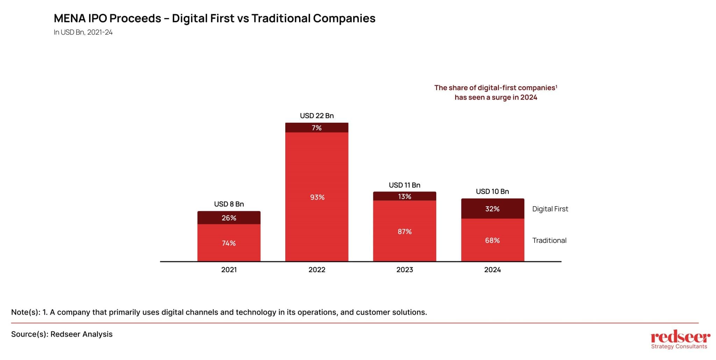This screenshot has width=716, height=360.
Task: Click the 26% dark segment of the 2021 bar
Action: point(229,218)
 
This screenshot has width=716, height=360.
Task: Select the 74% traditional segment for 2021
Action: point(229,243)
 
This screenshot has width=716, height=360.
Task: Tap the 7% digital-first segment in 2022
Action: point(316,128)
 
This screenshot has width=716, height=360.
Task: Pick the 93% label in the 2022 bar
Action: point(317,197)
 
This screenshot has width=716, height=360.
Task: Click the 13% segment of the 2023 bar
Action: point(404,196)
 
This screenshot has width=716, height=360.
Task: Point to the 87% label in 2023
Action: point(404,231)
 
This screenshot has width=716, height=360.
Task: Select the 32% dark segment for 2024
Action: point(492,209)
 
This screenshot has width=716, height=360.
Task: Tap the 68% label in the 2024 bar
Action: point(492,240)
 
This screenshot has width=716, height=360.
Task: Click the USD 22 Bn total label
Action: point(317,116)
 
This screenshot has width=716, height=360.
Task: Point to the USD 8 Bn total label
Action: point(229,204)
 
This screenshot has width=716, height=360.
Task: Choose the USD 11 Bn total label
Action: point(404,185)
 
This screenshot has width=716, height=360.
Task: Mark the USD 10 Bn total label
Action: point(492,192)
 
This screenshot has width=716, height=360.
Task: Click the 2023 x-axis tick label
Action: point(404,270)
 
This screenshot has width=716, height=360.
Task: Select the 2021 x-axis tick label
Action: point(229,270)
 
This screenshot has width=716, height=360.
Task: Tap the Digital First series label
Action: point(550,209)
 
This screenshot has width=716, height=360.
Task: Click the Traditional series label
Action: point(549,240)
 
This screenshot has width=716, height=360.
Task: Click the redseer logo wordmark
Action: point(680,337)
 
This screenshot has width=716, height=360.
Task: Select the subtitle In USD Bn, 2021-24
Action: point(83,32)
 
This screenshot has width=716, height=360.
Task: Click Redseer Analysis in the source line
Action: point(81,334)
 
